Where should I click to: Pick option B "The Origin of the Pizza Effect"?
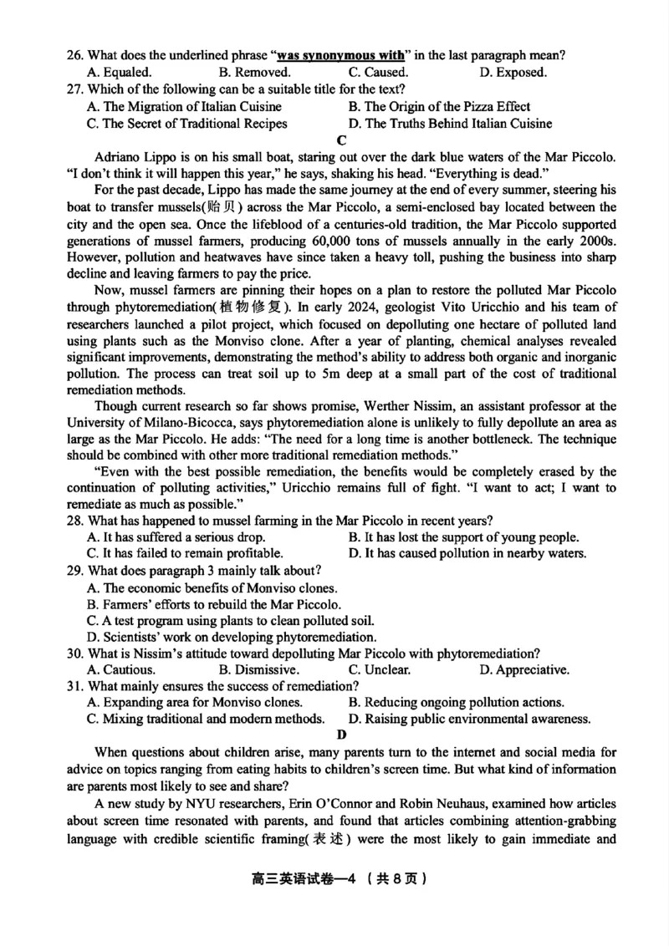(x=439, y=107)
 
